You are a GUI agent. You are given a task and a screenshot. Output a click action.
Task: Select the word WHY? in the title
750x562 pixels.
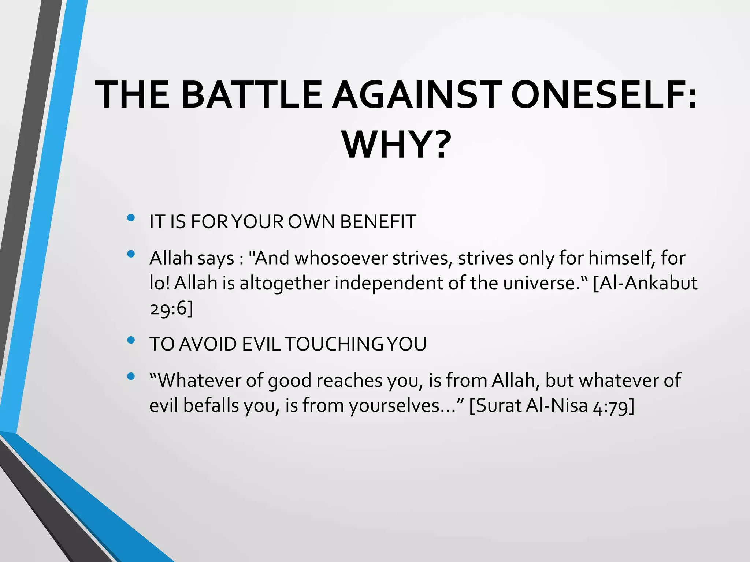395,145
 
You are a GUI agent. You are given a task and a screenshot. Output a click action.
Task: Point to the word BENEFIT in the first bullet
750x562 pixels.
378,222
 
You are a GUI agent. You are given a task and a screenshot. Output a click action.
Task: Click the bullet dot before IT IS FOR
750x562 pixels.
131,218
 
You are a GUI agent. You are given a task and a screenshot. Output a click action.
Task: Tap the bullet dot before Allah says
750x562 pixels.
131,254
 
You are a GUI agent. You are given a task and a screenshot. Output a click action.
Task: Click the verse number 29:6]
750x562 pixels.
171,308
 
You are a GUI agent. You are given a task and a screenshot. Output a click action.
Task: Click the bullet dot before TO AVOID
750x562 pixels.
131,341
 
